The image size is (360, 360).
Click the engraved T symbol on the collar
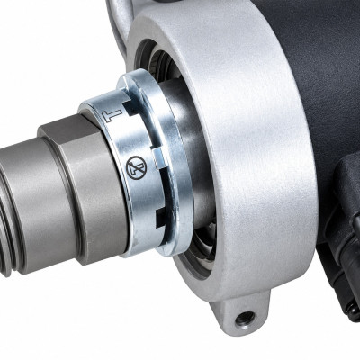pos(112,115)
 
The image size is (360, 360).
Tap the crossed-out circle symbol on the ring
pos(136,168)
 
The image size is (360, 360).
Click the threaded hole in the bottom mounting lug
pos(245,319)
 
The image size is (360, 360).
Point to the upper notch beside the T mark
pos(131,107)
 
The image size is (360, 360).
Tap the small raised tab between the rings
pos(158,158)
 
